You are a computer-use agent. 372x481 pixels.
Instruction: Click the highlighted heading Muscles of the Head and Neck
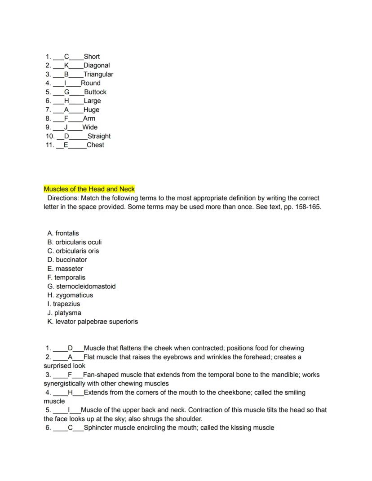click(x=89, y=189)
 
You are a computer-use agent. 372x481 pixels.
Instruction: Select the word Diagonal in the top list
click(x=97, y=65)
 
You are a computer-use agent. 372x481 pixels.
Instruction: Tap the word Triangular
click(x=98, y=74)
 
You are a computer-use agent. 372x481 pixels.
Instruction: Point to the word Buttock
click(x=95, y=92)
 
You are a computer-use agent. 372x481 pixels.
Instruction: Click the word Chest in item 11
click(x=95, y=145)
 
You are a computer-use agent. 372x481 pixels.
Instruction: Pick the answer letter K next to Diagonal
click(x=66, y=65)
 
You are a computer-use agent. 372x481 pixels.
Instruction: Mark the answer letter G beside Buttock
click(x=66, y=92)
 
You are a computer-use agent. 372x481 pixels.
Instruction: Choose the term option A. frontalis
click(x=63, y=233)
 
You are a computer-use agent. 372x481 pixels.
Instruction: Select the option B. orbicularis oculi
click(x=74, y=242)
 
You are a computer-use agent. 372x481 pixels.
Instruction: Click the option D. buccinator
click(x=67, y=260)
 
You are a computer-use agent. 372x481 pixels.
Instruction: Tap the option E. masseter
click(x=65, y=269)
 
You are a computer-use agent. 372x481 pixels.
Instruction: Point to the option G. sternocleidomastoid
click(x=81, y=286)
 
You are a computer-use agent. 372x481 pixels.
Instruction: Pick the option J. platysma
click(x=64, y=313)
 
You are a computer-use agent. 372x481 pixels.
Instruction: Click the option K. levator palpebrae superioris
click(x=93, y=322)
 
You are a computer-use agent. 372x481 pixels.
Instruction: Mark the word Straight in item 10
click(x=99, y=136)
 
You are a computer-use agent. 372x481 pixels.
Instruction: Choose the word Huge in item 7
click(x=91, y=110)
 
